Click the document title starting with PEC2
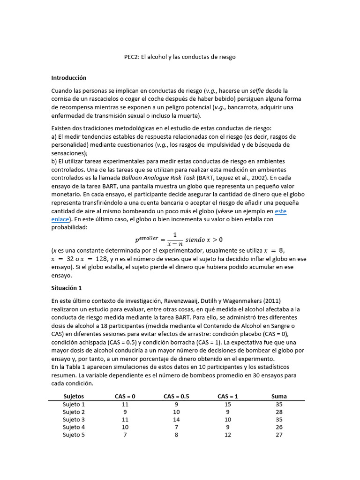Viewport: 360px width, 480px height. [180, 57]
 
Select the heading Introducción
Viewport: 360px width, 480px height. [69, 78]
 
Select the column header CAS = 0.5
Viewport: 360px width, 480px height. [176, 396]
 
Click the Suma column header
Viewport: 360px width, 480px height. [279, 396]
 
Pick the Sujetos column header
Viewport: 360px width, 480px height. [74, 396]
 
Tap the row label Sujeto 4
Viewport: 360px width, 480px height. [74, 427]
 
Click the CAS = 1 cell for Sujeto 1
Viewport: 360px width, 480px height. [228, 404]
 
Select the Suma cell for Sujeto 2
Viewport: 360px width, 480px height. [279, 412]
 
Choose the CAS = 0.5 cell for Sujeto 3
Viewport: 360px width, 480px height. [176, 420]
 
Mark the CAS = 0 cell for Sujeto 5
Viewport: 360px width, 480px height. [125, 435]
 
